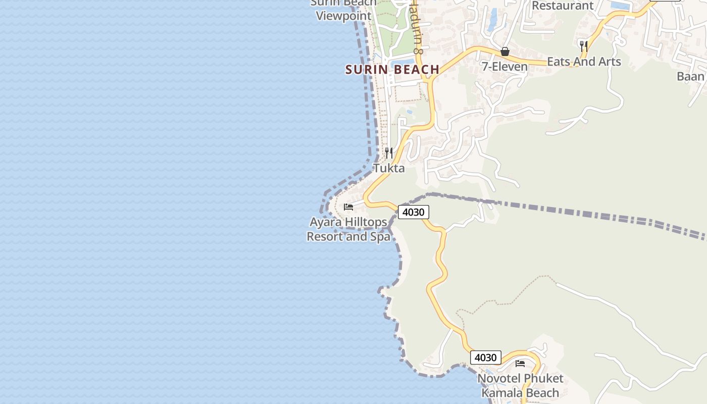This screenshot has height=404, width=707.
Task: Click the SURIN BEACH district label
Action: tap(392, 70)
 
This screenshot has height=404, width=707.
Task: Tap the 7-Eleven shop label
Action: tap(504, 67)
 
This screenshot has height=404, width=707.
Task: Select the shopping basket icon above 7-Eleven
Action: tap(504, 52)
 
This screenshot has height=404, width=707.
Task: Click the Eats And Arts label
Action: tap(584, 62)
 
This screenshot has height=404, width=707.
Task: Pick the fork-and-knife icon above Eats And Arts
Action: tap(584, 46)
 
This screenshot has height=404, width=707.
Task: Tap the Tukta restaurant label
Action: tap(389, 168)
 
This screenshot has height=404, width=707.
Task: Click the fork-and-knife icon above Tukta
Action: tap(389, 153)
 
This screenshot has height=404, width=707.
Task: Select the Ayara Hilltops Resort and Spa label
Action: tap(348, 229)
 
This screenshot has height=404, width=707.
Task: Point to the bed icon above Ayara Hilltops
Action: tap(348, 207)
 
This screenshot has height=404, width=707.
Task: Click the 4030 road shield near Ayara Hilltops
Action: tap(413, 212)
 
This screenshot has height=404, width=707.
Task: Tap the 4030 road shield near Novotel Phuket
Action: tap(485, 358)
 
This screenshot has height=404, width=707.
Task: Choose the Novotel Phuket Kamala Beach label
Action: tap(520, 386)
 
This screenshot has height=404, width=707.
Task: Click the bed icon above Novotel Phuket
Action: tap(520, 363)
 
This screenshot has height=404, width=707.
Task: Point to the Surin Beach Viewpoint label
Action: tap(343, 9)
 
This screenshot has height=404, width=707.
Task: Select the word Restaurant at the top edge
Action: tap(563, 6)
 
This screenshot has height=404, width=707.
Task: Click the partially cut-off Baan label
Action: tap(690, 76)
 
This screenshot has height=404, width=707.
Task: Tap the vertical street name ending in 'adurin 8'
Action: tap(416, 28)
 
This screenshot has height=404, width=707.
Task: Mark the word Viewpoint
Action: tap(343, 16)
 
